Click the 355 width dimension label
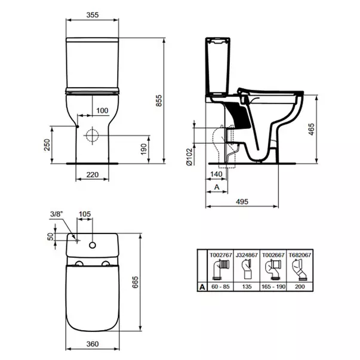(93, 15)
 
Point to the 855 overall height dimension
(159, 100)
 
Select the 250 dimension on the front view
(47, 144)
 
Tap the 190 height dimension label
(143, 149)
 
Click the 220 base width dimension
(93, 175)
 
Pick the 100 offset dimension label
(102, 110)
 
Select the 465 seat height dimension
(311, 130)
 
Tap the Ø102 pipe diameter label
(189, 157)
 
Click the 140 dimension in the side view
(216, 174)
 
